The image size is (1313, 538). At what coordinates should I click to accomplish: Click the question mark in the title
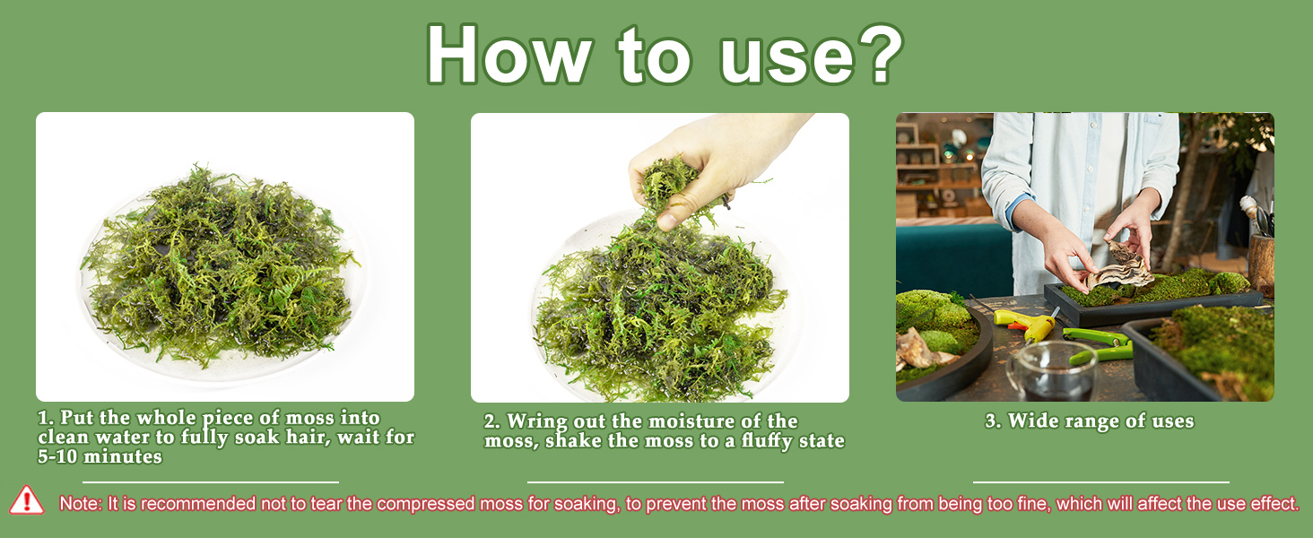pos(874,54)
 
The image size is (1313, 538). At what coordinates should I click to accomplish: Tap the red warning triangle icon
pos(27,500)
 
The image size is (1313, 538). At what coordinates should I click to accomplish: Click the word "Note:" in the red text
pos(81,504)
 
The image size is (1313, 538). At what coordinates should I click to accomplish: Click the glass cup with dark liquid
pos(1052,371)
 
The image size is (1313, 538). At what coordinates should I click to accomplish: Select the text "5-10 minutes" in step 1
pos(100,457)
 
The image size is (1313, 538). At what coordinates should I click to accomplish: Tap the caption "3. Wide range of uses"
pos(1089,421)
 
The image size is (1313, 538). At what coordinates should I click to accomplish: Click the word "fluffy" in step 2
pos(747,441)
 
